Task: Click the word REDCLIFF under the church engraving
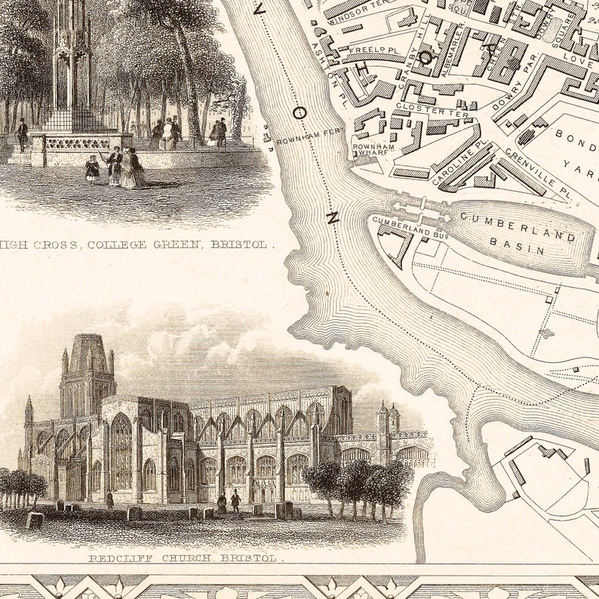click(121, 559)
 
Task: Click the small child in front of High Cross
click(92, 169)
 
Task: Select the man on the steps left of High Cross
click(23, 134)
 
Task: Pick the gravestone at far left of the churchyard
click(35, 520)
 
